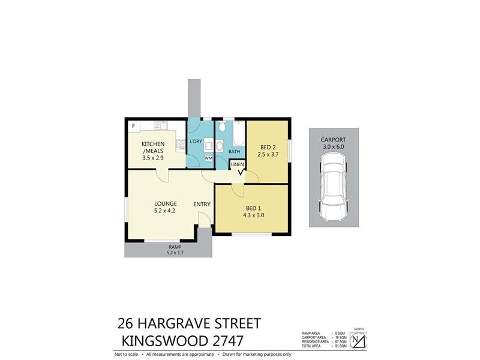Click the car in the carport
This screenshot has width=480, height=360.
(x=334, y=185)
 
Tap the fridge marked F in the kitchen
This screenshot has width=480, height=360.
(x=133, y=126)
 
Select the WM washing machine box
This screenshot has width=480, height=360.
(x=208, y=158)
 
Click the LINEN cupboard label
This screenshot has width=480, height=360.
(x=238, y=164)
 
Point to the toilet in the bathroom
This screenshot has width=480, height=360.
(x=221, y=127)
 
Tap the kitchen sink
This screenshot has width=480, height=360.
(x=160, y=125)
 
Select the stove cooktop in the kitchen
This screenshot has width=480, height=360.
(x=179, y=145)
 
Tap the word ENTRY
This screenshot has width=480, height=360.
(x=202, y=204)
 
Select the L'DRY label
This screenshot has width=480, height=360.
(x=196, y=141)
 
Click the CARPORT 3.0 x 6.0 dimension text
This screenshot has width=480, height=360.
(x=334, y=146)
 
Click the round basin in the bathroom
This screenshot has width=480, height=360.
(x=219, y=146)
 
